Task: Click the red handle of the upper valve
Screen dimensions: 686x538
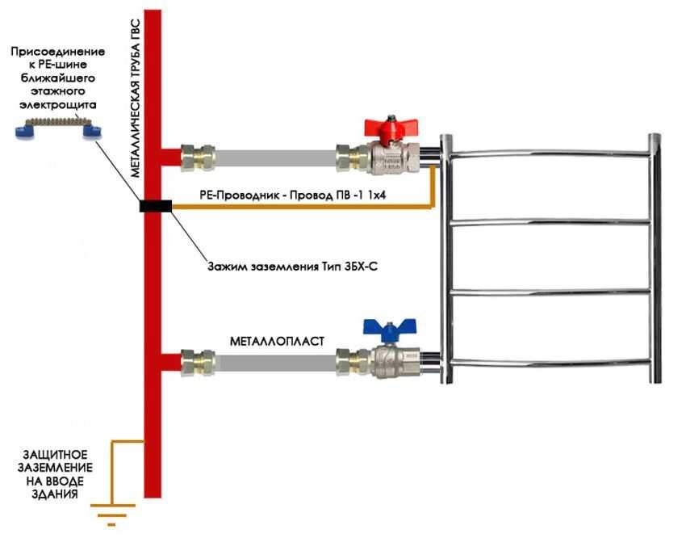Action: click(391, 128)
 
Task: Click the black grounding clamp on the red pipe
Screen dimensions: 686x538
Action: click(156, 205)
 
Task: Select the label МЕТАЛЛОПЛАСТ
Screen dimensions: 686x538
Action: click(277, 341)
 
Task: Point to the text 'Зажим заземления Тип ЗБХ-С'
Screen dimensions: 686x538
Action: click(292, 266)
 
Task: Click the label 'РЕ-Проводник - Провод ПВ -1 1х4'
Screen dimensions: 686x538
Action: click(293, 195)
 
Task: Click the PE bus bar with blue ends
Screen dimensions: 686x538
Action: click(58, 127)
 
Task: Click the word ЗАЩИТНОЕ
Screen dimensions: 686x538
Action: click(55, 454)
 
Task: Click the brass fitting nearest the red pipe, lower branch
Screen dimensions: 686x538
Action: click(198, 363)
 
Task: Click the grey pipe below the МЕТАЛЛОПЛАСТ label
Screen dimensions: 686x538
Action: click(276, 363)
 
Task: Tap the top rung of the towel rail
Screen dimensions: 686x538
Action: click(550, 153)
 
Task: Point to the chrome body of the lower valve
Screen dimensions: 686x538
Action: click(395, 363)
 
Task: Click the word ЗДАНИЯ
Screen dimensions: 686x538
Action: click(55, 494)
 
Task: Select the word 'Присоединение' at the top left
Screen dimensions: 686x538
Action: click(58, 52)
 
